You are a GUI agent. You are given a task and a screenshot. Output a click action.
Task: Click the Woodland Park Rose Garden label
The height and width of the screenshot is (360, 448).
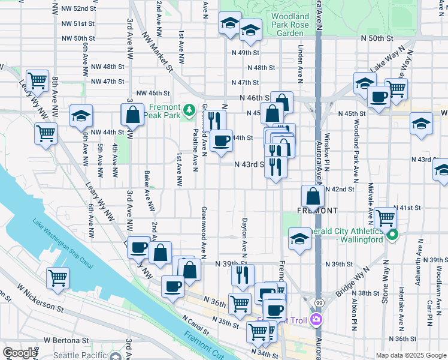point(290,25)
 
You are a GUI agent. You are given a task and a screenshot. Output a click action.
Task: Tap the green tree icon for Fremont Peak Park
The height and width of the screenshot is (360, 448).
point(189,109)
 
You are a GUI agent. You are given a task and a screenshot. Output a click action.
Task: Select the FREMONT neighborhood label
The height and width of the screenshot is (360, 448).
point(317,211)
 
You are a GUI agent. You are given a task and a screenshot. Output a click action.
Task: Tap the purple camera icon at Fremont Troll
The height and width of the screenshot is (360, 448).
point(316,320)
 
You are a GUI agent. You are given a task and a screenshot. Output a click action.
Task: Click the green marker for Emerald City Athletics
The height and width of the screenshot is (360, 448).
point(392,234)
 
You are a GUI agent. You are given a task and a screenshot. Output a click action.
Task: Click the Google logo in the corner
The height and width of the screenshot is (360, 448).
point(20,353)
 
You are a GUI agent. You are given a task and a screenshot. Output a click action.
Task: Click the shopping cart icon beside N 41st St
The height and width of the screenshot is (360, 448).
point(385,217)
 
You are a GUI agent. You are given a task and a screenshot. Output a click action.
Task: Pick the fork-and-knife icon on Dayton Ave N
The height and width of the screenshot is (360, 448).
point(243,274)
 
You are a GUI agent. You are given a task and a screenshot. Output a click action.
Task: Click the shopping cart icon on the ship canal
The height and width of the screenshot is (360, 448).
point(58,277)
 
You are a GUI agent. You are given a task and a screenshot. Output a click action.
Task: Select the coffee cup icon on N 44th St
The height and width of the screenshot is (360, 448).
point(222,140)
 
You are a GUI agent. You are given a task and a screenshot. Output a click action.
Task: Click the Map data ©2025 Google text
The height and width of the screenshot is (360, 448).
point(411,355)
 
